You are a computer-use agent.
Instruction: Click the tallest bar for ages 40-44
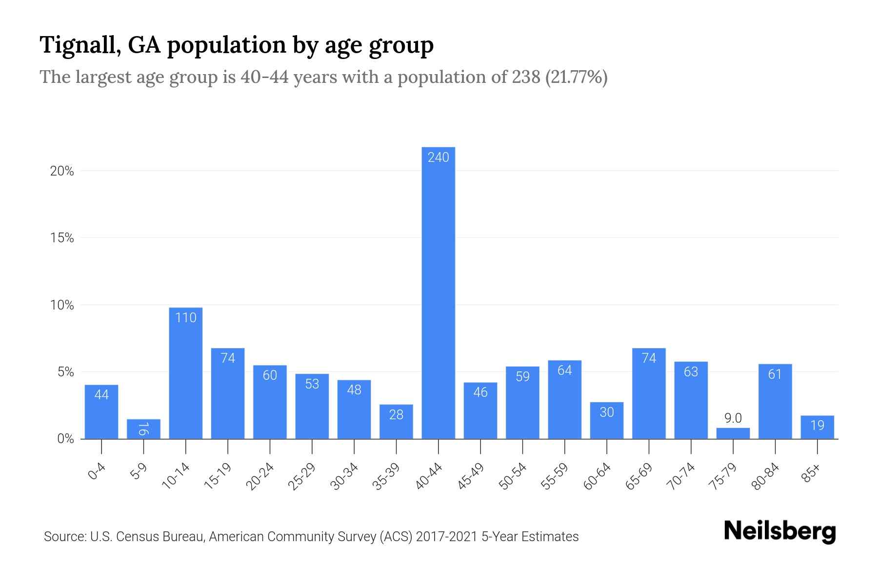pyautogui.click(x=438, y=292)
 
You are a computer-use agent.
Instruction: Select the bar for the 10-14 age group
pyautogui.click(x=186, y=373)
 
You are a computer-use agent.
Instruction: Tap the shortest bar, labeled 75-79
pyautogui.click(x=733, y=433)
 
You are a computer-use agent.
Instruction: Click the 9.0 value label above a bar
pyautogui.click(x=733, y=418)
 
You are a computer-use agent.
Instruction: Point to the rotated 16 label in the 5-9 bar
pyautogui.click(x=143, y=429)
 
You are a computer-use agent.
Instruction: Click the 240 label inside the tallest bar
pyautogui.click(x=438, y=157)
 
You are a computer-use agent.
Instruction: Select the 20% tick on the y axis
pyautogui.click(x=62, y=172)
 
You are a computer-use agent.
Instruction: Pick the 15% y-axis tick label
pyautogui.click(x=62, y=238)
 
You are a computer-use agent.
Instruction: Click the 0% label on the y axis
pyautogui.click(x=65, y=439)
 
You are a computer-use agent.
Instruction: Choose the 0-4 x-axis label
pyautogui.click(x=97, y=472)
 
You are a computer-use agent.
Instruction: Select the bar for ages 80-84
pyautogui.click(x=775, y=401)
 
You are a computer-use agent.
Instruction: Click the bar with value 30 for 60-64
pyautogui.click(x=606, y=420)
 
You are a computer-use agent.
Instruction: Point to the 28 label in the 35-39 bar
pyautogui.click(x=396, y=415)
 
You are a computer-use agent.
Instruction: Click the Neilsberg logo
pyautogui.click(x=779, y=531)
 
